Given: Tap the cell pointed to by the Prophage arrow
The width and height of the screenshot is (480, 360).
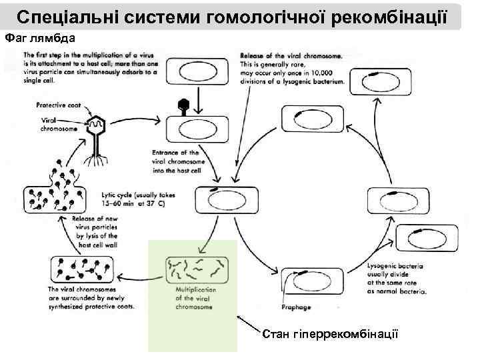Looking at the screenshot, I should click(x=309, y=274).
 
